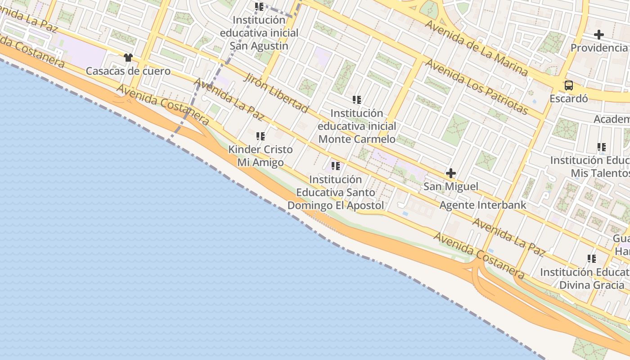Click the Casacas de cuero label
click(128, 71)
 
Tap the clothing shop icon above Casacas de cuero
click(128, 58)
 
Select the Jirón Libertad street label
click(276, 92)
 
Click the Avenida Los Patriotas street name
click(477, 86)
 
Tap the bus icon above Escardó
click(569, 85)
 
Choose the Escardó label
click(569, 99)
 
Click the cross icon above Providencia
click(599, 34)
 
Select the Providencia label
click(599, 48)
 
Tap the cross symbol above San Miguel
click(450, 173)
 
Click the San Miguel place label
click(450, 186)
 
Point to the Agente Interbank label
click(483, 205)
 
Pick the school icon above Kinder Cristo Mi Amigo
click(261, 136)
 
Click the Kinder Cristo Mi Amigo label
click(261, 156)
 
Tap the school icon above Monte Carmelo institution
click(357, 99)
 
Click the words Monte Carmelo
click(357, 139)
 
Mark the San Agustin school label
click(259, 45)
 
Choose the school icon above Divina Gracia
click(592, 258)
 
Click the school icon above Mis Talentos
click(602, 147)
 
